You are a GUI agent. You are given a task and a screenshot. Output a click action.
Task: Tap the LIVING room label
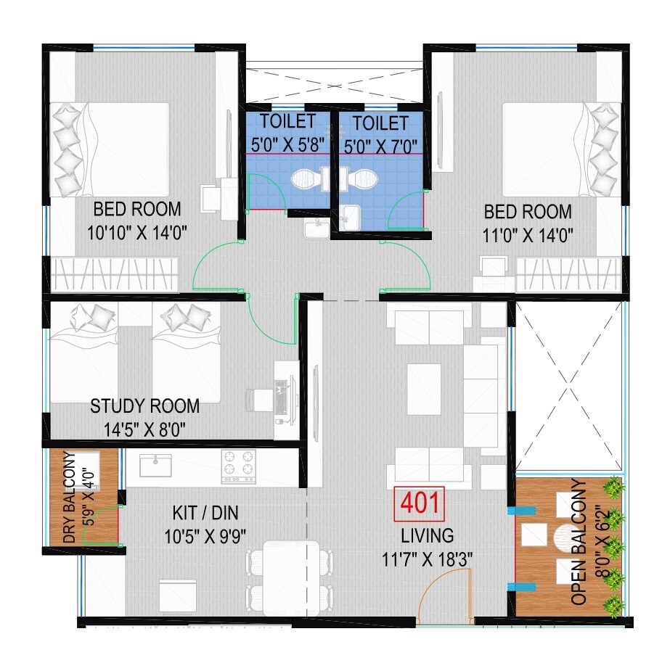428,535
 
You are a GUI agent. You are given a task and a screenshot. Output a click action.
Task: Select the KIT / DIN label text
205,514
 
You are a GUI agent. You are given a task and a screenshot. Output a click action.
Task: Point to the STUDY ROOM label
144,405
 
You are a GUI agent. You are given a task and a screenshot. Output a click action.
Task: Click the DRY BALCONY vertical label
70,498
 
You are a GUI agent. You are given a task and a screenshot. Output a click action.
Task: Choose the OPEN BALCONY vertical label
579,542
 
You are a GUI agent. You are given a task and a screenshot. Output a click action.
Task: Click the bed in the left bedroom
110,149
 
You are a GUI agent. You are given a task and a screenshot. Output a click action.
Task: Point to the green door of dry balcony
99,524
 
